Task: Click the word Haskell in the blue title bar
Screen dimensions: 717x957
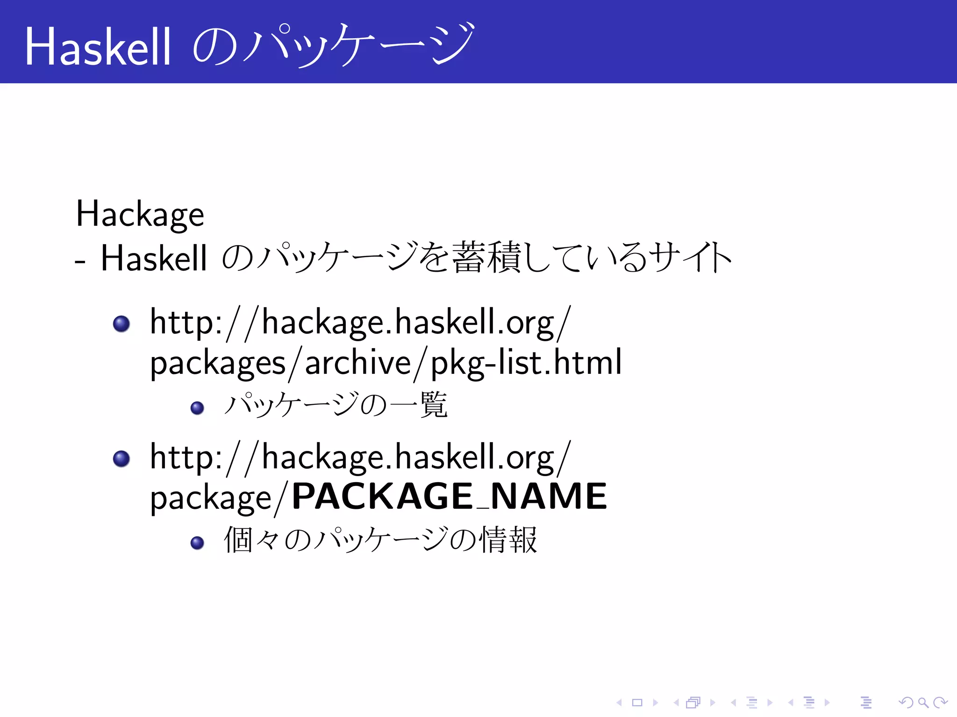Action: [x=98, y=47]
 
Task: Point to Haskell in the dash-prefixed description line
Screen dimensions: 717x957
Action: [x=154, y=258]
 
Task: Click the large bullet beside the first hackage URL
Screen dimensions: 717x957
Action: [x=121, y=323]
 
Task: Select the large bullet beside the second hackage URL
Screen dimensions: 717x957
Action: [x=121, y=458]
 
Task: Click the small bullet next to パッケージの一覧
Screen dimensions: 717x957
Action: [x=197, y=408]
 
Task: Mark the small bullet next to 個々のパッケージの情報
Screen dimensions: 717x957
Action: [x=197, y=542]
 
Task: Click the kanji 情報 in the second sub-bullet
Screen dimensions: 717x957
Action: [x=509, y=540]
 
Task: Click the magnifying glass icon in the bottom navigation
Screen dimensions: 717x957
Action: [x=923, y=703]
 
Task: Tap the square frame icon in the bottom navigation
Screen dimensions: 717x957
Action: [x=637, y=703]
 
